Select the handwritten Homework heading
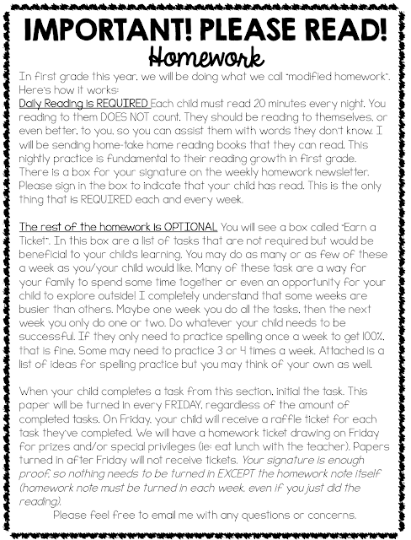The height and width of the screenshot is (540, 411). [x=205, y=57]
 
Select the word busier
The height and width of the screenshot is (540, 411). [x=43, y=306]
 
